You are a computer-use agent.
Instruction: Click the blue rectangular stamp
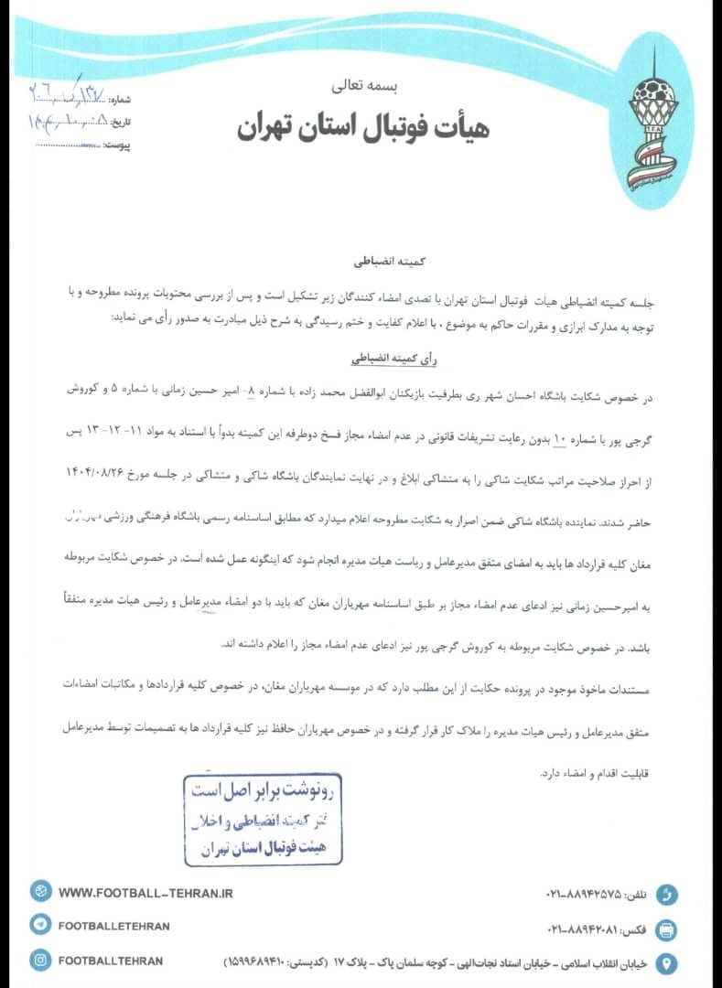(263, 820)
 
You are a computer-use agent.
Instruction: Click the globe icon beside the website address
(41, 892)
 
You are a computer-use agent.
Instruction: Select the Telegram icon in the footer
(41, 926)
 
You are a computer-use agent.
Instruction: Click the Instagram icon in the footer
(41, 961)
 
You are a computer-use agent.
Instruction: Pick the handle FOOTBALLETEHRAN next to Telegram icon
(113, 927)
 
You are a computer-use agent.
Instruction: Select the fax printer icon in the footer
(667, 929)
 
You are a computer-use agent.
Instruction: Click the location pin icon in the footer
(667, 963)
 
